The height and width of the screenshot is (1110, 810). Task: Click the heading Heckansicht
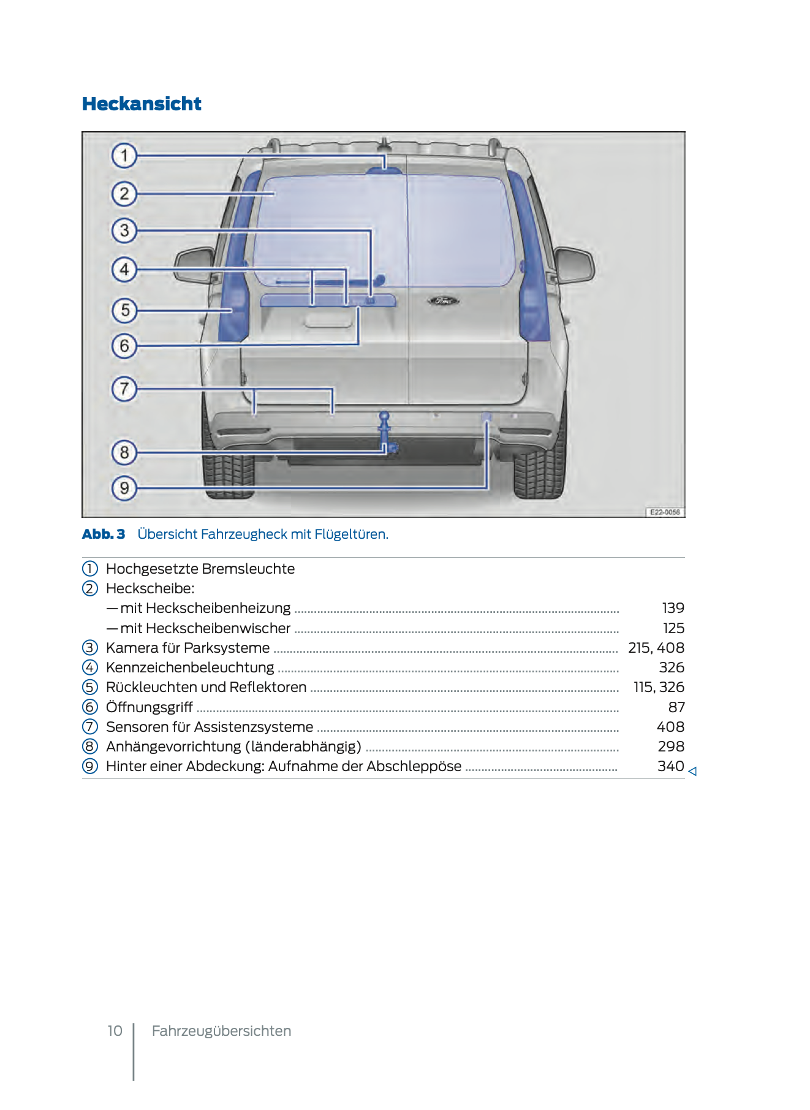click(x=142, y=104)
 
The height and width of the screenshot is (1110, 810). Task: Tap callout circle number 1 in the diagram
click(x=124, y=155)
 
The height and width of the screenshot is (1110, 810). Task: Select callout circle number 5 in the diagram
click(x=124, y=310)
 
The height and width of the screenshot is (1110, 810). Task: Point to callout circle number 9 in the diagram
click(x=124, y=488)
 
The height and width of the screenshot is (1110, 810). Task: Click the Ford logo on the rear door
click(x=443, y=301)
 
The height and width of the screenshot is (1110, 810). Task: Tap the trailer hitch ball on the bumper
click(x=384, y=416)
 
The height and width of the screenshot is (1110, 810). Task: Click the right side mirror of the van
click(x=574, y=264)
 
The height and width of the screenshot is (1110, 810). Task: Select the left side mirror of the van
click(x=195, y=265)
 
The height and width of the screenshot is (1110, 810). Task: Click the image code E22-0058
click(x=665, y=512)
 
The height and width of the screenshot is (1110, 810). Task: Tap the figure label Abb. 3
click(x=104, y=534)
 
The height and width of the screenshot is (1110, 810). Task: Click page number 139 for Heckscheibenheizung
click(x=673, y=608)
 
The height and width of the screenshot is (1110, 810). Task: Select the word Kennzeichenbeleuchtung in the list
click(x=190, y=667)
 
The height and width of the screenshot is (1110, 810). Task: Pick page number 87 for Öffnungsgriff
click(x=676, y=707)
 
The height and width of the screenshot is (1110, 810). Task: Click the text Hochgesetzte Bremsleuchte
click(x=200, y=569)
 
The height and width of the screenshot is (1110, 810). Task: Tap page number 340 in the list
click(x=670, y=766)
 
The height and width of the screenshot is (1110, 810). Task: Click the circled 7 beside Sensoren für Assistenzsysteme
click(x=90, y=727)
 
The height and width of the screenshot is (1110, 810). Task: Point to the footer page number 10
click(x=115, y=1031)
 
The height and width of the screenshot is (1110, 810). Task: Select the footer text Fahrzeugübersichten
click(x=221, y=1031)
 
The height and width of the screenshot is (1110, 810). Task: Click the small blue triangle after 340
click(x=692, y=772)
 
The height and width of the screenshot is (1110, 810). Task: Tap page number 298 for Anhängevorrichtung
click(x=671, y=747)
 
